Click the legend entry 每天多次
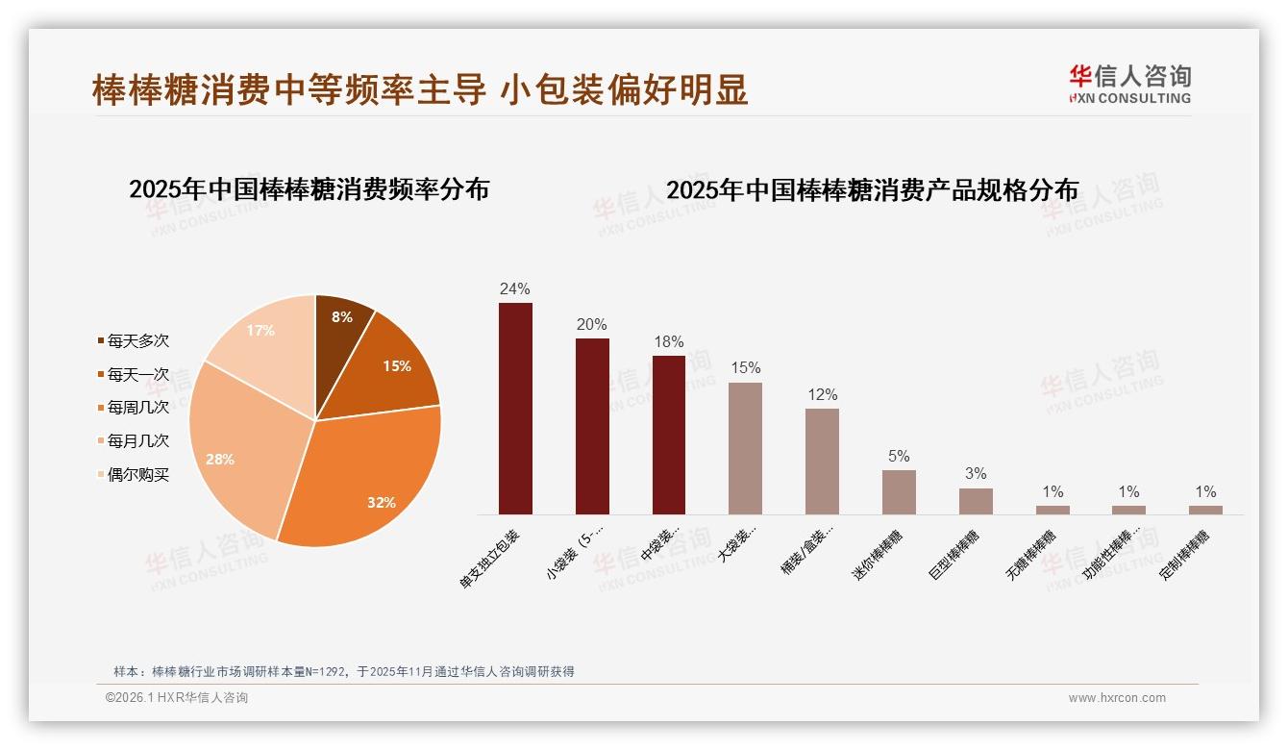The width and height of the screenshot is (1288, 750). [x=137, y=341]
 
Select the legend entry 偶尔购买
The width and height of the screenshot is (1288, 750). [x=137, y=474]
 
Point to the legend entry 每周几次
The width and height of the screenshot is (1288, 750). [x=137, y=408]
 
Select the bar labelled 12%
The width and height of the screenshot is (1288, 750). [x=822, y=462]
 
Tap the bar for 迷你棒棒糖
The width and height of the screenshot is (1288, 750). [x=899, y=492]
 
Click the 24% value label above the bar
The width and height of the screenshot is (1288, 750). [x=515, y=288]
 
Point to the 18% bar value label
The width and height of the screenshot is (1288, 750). [x=669, y=342]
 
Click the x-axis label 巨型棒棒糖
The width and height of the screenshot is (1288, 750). [x=955, y=554]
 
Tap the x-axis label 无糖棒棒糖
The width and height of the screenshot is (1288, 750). [x=1031, y=554]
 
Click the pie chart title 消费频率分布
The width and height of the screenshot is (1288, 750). [x=309, y=189]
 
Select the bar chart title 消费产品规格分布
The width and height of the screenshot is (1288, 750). [x=872, y=190]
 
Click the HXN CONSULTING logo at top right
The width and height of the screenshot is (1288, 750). [x=1130, y=85]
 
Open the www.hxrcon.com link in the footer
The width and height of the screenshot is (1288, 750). [x=1117, y=698]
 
